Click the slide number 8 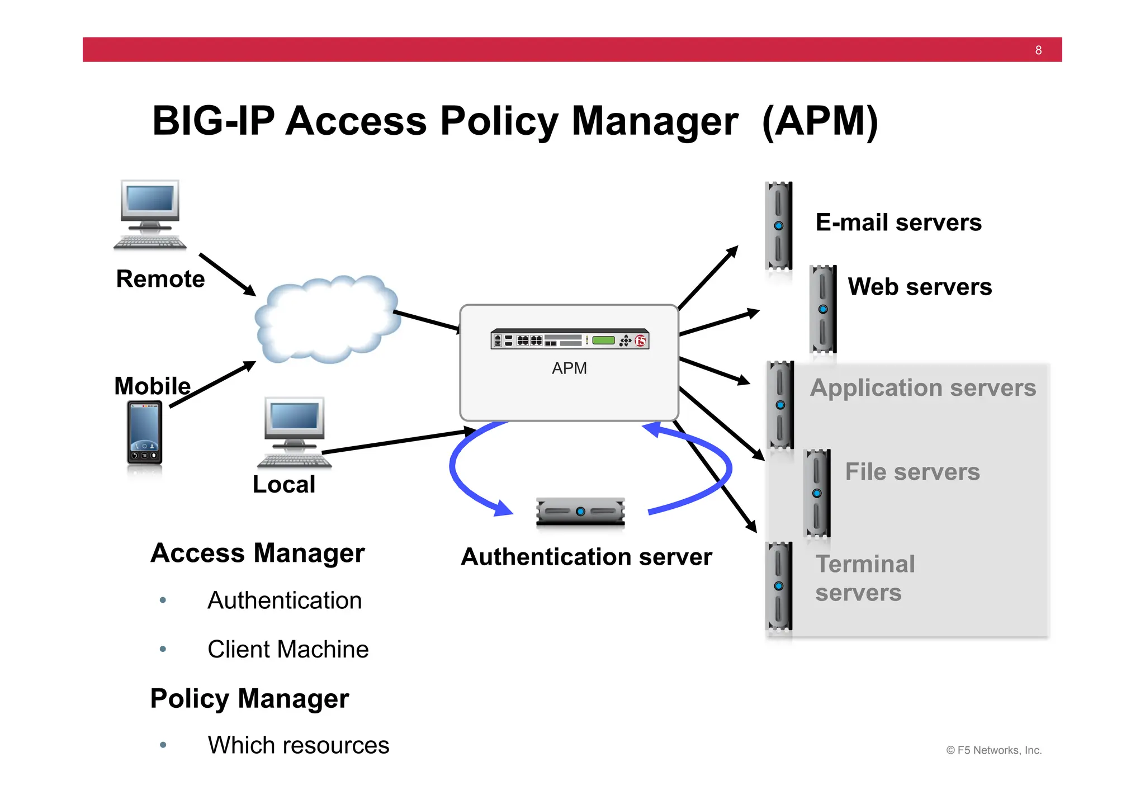[x=1038, y=50]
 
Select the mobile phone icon [x=145, y=433]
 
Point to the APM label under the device [x=569, y=368]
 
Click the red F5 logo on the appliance [x=640, y=340]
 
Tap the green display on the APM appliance [x=603, y=340]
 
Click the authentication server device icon [x=580, y=512]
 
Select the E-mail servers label [x=898, y=223]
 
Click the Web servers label [x=920, y=287]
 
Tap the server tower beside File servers [x=817, y=493]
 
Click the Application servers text [x=922, y=388]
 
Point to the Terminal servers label [x=864, y=578]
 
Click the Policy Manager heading [x=249, y=699]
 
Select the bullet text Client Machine [x=288, y=650]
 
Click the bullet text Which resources [x=298, y=745]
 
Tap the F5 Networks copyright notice [x=993, y=750]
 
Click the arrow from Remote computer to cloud [x=228, y=275]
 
